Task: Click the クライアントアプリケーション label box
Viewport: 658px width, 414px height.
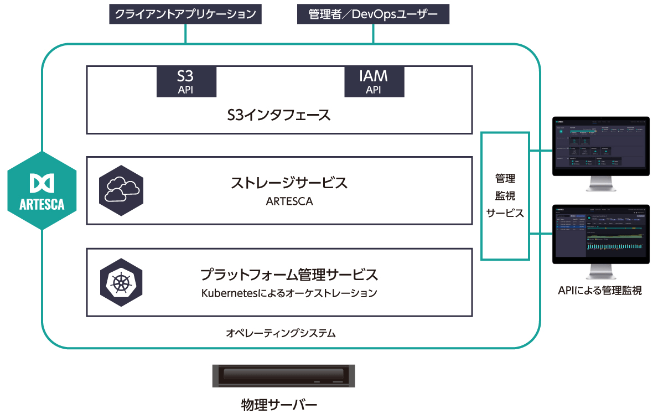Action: [185, 14]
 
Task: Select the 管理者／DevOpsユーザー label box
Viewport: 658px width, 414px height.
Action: [373, 14]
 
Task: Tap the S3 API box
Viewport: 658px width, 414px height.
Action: [186, 81]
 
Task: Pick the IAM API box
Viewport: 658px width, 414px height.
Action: [374, 81]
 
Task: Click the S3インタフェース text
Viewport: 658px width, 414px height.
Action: [279, 115]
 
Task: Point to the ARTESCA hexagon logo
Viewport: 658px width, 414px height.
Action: [42, 190]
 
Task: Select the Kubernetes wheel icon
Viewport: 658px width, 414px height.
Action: [121, 282]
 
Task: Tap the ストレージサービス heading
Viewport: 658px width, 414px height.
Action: [289, 183]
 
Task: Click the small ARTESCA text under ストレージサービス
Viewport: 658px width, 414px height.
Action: [289, 201]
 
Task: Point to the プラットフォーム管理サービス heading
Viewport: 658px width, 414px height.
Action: [289, 275]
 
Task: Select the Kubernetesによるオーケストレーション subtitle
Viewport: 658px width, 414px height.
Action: [289, 293]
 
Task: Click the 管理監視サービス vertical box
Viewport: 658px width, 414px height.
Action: [505, 195]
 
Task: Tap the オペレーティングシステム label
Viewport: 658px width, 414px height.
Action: [281, 333]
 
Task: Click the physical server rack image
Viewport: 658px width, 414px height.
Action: [283, 376]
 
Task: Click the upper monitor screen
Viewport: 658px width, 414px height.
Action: [600, 144]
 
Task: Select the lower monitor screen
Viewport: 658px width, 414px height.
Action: [600, 235]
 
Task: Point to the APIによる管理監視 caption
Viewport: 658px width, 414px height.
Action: [600, 290]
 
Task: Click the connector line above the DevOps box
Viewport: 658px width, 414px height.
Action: [373, 34]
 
